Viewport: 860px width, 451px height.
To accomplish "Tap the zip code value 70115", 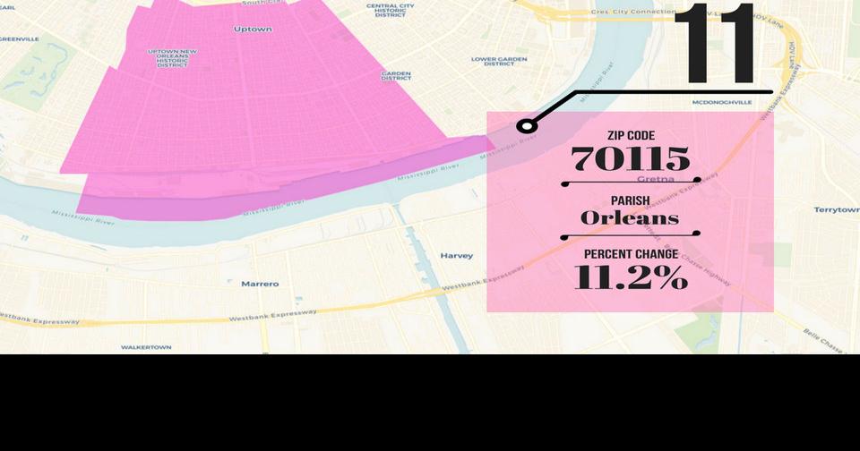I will [x=631, y=159].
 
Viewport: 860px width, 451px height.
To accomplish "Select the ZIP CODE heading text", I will [x=631, y=135].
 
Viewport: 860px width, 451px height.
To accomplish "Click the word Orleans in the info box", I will [x=630, y=217].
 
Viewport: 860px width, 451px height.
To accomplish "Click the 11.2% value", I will [x=631, y=277].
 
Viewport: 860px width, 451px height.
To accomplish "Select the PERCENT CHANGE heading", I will [x=631, y=254].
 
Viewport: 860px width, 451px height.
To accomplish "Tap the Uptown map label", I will [x=253, y=30].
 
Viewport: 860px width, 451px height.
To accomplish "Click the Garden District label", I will [x=396, y=76].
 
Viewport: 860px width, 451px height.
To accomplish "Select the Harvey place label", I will [x=456, y=256].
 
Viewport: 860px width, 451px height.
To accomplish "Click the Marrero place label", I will [x=260, y=284].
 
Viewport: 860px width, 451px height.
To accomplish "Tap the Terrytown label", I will [x=836, y=209].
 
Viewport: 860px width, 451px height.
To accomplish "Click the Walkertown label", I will [x=146, y=346].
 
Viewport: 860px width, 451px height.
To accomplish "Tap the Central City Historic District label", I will [x=390, y=10].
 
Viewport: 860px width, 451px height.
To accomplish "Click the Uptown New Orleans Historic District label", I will [x=173, y=58].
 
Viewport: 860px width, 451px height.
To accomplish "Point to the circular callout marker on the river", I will [x=527, y=126].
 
